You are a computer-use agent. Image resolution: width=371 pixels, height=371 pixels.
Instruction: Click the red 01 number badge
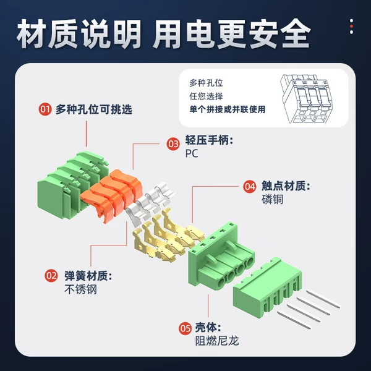[x=45, y=109]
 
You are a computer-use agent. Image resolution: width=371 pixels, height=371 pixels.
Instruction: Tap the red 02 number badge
[x=51, y=276]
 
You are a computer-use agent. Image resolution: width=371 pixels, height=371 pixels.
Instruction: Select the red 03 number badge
[x=173, y=143]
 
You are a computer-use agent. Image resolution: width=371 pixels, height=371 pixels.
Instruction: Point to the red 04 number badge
[x=250, y=187]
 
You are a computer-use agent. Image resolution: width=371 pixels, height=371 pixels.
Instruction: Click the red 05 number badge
[x=185, y=328]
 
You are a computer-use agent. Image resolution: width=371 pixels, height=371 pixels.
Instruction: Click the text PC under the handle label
[x=192, y=154]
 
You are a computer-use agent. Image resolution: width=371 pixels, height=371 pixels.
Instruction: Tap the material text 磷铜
[x=272, y=199]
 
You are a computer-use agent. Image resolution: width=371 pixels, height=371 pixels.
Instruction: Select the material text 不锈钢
[x=80, y=289]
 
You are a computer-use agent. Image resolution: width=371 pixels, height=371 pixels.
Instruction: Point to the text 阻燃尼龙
[x=217, y=341]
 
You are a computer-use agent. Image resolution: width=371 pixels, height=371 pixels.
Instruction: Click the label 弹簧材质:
[x=88, y=276]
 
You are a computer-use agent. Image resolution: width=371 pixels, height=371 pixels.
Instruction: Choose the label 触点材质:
[x=286, y=186]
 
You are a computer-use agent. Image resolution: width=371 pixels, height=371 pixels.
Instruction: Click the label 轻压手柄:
[x=210, y=140]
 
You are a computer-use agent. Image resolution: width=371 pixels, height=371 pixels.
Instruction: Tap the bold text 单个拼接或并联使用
[x=228, y=109]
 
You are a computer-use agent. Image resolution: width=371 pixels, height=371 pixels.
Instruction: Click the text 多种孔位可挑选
[x=94, y=109]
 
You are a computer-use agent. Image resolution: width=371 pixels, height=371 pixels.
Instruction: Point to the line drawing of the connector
[x=307, y=98]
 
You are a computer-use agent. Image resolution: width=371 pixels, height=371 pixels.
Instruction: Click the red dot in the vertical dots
[x=351, y=26]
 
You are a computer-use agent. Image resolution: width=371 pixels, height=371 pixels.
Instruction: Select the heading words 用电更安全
[x=232, y=34]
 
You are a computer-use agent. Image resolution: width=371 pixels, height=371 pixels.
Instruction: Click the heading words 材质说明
[x=79, y=34]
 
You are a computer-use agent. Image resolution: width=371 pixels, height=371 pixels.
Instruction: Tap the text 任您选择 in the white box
[x=206, y=96]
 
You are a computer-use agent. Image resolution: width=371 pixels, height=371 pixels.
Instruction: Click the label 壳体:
[x=208, y=328]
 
